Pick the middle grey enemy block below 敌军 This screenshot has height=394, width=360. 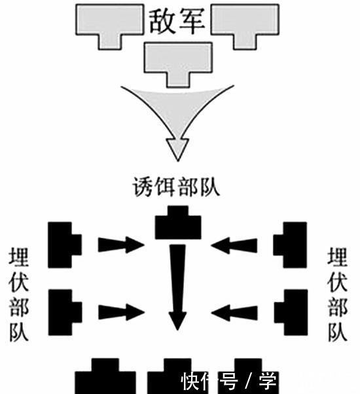pos(177,60)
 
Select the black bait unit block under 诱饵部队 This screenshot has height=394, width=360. pos(177,224)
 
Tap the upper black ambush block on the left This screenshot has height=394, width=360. pos(64,244)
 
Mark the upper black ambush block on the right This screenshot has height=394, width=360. pos(291,244)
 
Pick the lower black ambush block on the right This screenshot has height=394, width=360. pos(291,310)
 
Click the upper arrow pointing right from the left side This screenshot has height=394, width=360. pos(120,245)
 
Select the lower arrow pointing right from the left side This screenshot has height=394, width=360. pos(120,312)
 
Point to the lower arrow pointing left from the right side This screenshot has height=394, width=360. pos(235,312)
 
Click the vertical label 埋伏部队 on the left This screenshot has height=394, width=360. pos(19,295)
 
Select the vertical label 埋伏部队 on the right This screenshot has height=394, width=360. pos(338,295)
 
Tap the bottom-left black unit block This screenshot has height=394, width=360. pos(105,378)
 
